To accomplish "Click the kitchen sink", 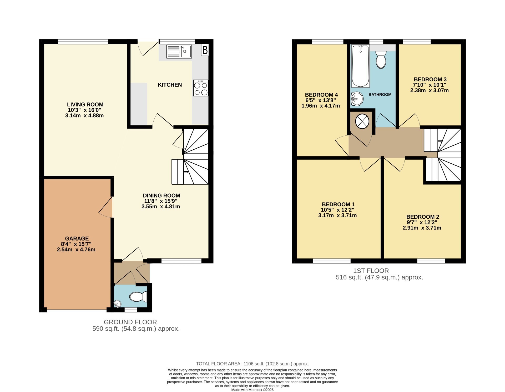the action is coord(179,51).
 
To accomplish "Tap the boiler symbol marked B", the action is coord(205,50).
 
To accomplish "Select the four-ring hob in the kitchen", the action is coord(201,88).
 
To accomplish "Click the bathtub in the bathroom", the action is coord(361,66).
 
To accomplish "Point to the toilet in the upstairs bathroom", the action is coord(381,60).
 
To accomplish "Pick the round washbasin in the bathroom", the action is coord(357,99).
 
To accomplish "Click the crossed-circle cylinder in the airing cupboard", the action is coord(362,121).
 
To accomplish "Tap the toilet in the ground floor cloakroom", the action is coord(138,297).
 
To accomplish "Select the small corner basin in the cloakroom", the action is coord(117,304).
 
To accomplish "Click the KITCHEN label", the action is coord(170,85).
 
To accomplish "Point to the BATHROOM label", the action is coord(380,95).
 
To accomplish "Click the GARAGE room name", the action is coord(77,239).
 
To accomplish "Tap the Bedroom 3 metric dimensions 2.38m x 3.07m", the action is coord(430,90).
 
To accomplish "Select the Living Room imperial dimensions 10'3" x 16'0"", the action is coord(84,110).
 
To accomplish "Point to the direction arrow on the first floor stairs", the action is coord(440,141).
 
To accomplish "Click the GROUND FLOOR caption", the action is coord(130,322).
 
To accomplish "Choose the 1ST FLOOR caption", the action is coord(371,271).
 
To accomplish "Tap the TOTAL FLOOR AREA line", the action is coord(252,364).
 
